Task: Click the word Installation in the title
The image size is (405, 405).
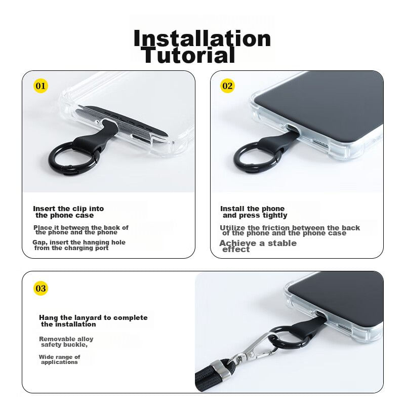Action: [202, 38]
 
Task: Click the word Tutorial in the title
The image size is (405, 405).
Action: [188, 55]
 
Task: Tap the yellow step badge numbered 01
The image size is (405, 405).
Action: [40, 86]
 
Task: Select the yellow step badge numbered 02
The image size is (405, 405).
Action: [227, 86]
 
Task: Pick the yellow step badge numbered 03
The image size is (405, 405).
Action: [40, 288]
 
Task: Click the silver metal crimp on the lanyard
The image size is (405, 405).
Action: [220, 370]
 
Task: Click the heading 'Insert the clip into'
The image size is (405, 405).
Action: [68, 209]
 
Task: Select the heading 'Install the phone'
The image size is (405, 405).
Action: [252, 209]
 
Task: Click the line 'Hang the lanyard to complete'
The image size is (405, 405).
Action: [93, 318]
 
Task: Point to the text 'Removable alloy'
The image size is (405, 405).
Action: [66, 339]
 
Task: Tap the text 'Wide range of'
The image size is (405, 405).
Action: [59, 357]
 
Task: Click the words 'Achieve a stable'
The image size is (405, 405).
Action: [258, 243]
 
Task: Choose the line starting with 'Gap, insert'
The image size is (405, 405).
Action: [79, 242]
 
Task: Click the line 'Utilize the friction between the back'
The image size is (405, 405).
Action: [290, 228]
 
